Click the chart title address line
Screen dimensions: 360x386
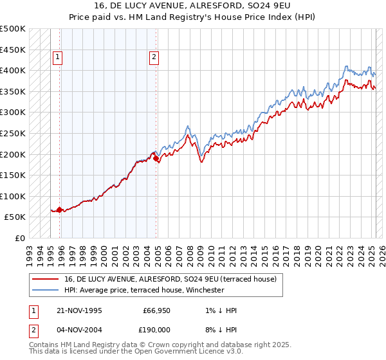click(x=192, y=6)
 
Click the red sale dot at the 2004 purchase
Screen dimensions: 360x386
click(x=156, y=156)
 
